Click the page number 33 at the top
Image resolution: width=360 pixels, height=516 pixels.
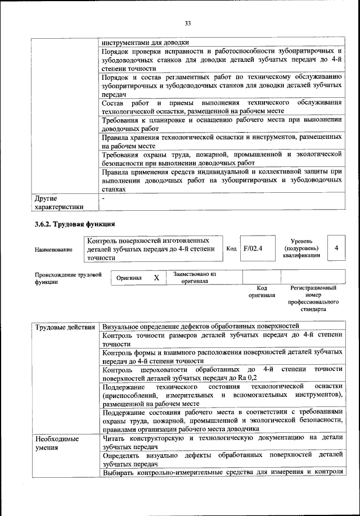[188, 23]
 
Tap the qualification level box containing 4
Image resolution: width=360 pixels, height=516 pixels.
[336, 248]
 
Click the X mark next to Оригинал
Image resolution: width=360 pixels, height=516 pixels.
[156, 278]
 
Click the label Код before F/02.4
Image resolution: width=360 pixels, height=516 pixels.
[231, 248]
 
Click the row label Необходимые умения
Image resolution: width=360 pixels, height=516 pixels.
[56, 442]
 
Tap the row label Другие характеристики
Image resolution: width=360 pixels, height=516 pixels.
[59, 202]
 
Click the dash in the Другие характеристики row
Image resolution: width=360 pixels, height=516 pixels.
[103, 198]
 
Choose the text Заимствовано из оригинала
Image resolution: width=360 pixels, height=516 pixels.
[195, 277]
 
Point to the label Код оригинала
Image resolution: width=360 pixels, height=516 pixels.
[262, 291]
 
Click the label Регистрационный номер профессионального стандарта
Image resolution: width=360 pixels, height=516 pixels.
[313, 298]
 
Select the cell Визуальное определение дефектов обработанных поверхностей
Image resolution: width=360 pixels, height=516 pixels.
[200, 327]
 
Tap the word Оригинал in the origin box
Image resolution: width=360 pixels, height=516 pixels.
[129, 278]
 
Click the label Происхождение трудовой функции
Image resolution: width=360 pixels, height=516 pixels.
[67, 278]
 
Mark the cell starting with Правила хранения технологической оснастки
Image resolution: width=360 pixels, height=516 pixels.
[222, 141]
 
